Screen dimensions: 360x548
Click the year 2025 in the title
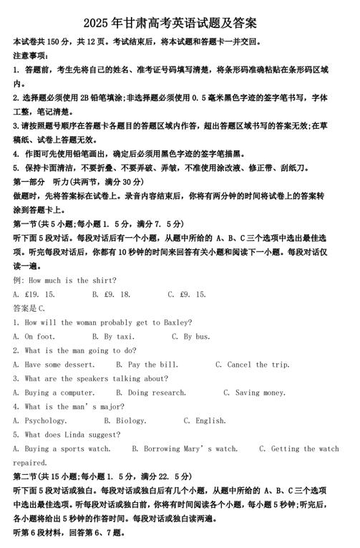pos(97,24)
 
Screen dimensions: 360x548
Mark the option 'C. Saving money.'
pos(255,393)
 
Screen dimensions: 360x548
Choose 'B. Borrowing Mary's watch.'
pos(185,448)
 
